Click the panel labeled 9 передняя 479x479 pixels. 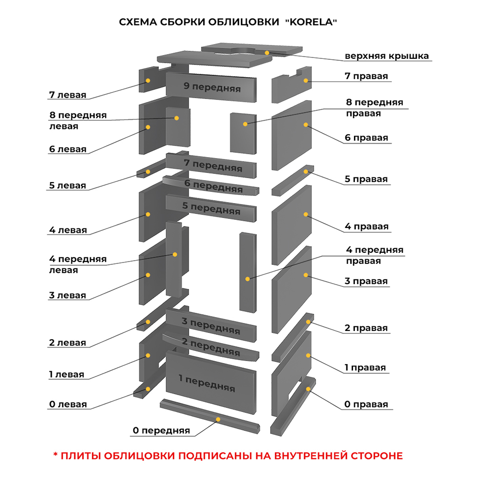click(212, 87)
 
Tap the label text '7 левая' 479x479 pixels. click(68, 94)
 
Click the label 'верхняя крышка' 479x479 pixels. click(387, 56)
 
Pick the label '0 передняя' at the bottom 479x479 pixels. click(161, 431)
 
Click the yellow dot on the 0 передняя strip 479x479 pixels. click(218, 419)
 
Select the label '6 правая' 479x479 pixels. click(366, 138)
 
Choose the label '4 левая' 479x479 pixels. click(68, 230)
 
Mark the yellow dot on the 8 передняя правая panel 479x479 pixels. click(245, 124)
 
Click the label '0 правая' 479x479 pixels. click(366, 405)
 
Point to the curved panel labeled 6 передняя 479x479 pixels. click(213, 185)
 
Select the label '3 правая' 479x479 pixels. click(366, 281)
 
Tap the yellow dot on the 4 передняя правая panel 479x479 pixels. click(247, 278)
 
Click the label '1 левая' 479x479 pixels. click(66, 374)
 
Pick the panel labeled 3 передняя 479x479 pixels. click(211, 326)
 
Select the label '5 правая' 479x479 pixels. click(366, 179)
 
